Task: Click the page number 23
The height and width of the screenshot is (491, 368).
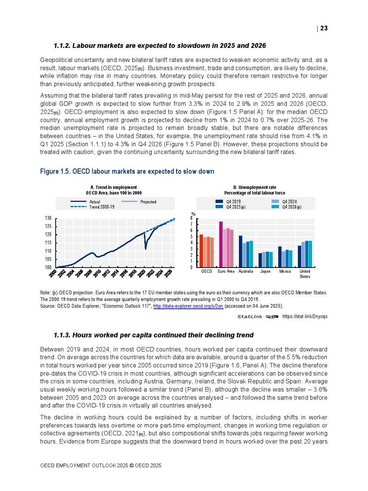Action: click(324, 28)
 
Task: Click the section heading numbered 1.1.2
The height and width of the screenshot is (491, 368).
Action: click(160, 46)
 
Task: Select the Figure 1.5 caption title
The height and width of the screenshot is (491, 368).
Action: click(127, 171)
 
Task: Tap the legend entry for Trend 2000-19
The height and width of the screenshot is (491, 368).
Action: click(102, 207)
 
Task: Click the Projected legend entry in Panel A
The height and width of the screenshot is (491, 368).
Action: click(148, 202)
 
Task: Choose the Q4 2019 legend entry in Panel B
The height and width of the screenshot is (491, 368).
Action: click(233, 202)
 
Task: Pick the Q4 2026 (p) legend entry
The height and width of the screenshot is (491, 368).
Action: click(292, 207)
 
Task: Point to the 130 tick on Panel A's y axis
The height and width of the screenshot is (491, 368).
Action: click(48, 218)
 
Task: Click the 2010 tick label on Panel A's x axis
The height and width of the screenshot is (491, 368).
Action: click(96, 274)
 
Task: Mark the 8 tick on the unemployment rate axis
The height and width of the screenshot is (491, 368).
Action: click(192, 218)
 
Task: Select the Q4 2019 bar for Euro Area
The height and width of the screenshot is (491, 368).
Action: click(221, 244)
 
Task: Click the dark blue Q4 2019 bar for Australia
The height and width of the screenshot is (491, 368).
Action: click(240, 251)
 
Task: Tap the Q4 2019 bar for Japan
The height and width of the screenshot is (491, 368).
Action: click(260, 260)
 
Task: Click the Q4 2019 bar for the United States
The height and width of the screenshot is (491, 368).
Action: click(300, 256)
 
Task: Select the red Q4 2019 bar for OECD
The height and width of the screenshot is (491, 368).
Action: click(201, 251)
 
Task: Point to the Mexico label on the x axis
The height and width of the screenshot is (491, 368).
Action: click(285, 271)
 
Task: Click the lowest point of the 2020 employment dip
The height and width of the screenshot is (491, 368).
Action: click(145, 249)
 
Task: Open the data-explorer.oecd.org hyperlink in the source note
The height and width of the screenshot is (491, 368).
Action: click(188, 306)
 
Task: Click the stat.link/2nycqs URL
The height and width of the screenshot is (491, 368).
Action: click(305, 317)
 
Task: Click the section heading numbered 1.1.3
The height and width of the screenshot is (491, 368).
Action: click(153, 335)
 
